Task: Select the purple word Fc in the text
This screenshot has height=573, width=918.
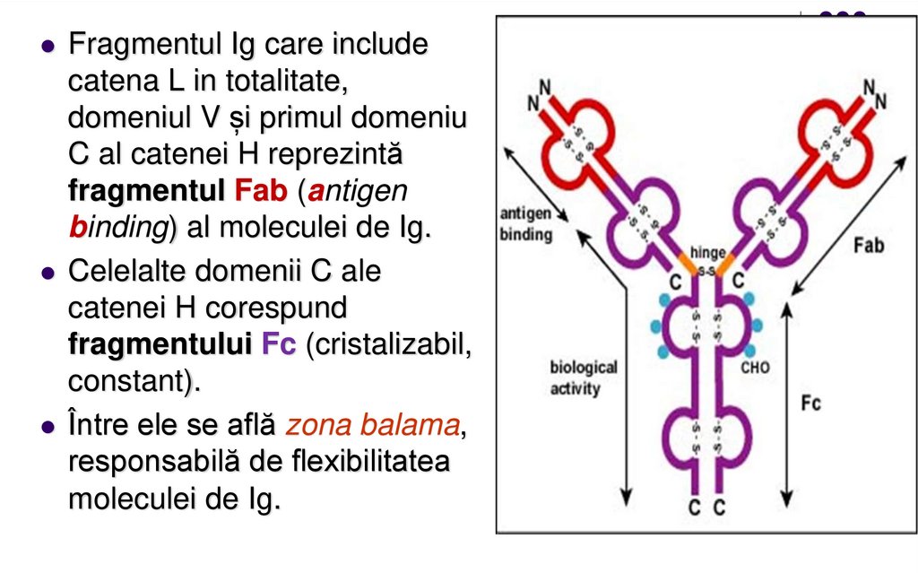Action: click(x=279, y=345)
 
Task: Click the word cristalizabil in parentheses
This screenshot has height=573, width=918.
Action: click(x=388, y=345)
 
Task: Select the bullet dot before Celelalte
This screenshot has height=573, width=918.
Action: click(x=48, y=272)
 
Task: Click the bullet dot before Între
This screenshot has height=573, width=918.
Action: click(x=48, y=426)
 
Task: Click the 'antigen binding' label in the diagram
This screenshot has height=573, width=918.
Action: click(x=526, y=224)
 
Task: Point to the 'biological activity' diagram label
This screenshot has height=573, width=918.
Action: click(x=584, y=378)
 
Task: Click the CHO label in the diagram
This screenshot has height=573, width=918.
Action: click(x=755, y=367)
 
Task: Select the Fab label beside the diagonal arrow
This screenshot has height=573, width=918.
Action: click(x=868, y=246)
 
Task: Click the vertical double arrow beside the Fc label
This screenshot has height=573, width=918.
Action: click(x=787, y=404)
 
